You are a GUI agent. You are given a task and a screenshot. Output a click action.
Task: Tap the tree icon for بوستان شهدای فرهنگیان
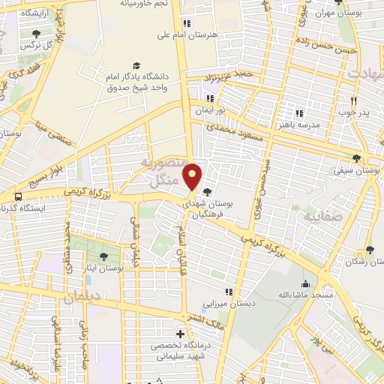coord(207,193)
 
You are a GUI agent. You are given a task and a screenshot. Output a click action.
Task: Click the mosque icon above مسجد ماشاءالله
coord(305,283)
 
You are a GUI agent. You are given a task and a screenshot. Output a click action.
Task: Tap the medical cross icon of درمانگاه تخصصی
coord(180,334)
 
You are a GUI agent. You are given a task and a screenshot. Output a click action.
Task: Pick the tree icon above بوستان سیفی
coord(356,159)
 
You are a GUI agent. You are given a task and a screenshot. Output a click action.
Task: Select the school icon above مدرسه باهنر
coord(298,113)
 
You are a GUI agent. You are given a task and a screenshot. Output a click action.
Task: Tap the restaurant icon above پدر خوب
coord(352,99)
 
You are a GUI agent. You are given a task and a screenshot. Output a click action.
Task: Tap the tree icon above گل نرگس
coord(37,34)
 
